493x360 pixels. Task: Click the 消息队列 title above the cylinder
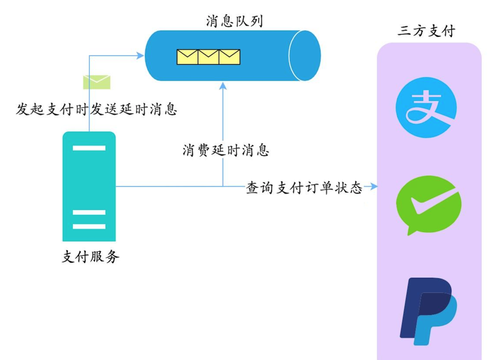234,21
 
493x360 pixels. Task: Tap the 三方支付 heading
426,31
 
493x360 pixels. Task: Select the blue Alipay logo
425,108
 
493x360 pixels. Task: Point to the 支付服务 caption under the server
90,257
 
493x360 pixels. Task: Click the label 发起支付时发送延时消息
96,110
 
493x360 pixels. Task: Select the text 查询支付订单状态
304,188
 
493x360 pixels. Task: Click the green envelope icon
96,82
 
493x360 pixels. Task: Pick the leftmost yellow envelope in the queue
187,57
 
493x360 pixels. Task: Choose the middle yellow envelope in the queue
208,57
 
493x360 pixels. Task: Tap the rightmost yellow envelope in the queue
229,57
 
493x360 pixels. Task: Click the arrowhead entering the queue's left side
141,56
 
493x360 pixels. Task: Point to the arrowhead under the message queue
223,85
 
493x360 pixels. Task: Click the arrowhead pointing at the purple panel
374,186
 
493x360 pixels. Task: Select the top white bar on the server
89,148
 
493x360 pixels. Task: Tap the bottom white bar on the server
89,226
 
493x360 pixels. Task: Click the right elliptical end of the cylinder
305,56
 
